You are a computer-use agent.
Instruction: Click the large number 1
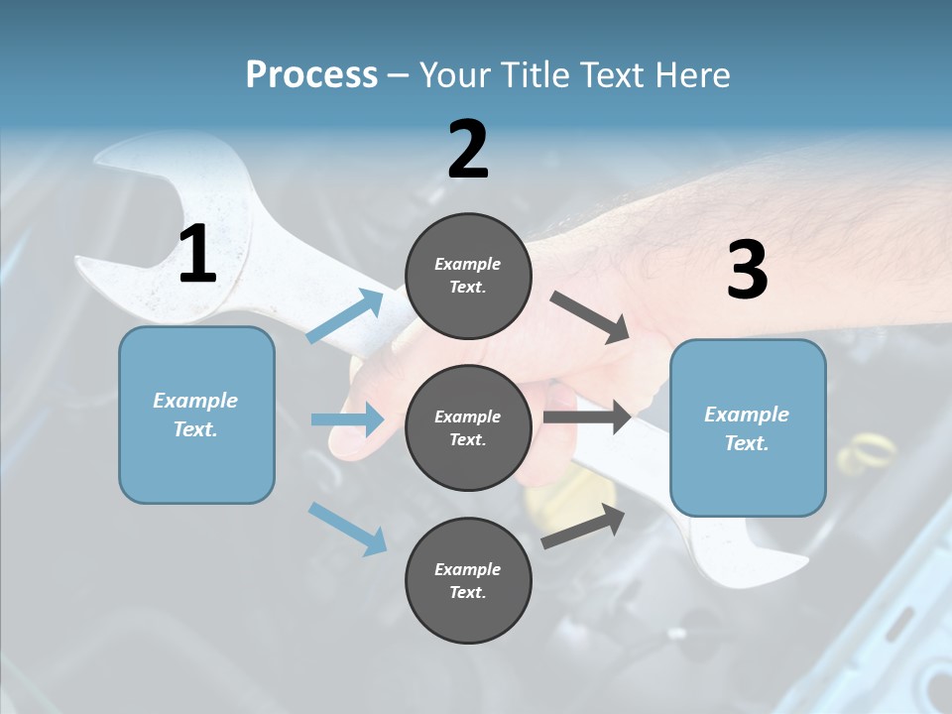coord(197,255)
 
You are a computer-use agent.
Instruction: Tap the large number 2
coord(468,150)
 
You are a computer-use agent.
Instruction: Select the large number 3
coord(747,271)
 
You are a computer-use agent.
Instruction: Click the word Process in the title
coord(311,74)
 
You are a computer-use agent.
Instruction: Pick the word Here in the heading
coord(693,74)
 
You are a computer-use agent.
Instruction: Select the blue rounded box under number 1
coord(196,415)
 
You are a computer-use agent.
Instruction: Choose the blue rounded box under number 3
coord(748,427)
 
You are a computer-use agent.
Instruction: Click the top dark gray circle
coord(468,276)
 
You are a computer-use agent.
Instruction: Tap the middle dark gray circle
coord(468,427)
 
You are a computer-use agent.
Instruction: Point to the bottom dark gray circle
coord(468,580)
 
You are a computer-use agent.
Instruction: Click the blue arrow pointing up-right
coord(345,316)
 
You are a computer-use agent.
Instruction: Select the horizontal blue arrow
coord(347,419)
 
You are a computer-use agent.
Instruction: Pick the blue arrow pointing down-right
coord(347,528)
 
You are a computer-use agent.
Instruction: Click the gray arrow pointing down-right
coord(589,317)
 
